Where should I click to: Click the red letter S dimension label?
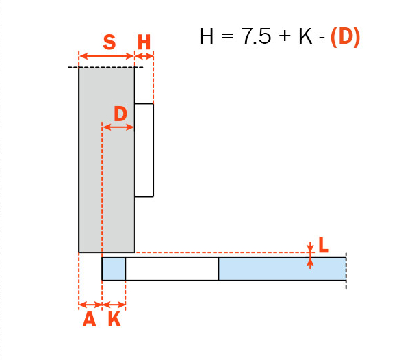(x=109, y=42)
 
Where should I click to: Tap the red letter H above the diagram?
(x=144, y=42)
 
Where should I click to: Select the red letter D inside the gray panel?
(x=120, y=114)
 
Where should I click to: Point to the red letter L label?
(x=324, y=244)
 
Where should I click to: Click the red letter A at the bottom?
(x=89, y=320)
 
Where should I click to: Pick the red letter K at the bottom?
(x=114, y=320)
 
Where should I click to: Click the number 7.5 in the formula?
(x=256, y=36)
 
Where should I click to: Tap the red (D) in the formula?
(x=346, y=38)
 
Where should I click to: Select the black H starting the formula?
(x=207, y=36)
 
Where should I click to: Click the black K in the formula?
(x=305, y=36)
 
